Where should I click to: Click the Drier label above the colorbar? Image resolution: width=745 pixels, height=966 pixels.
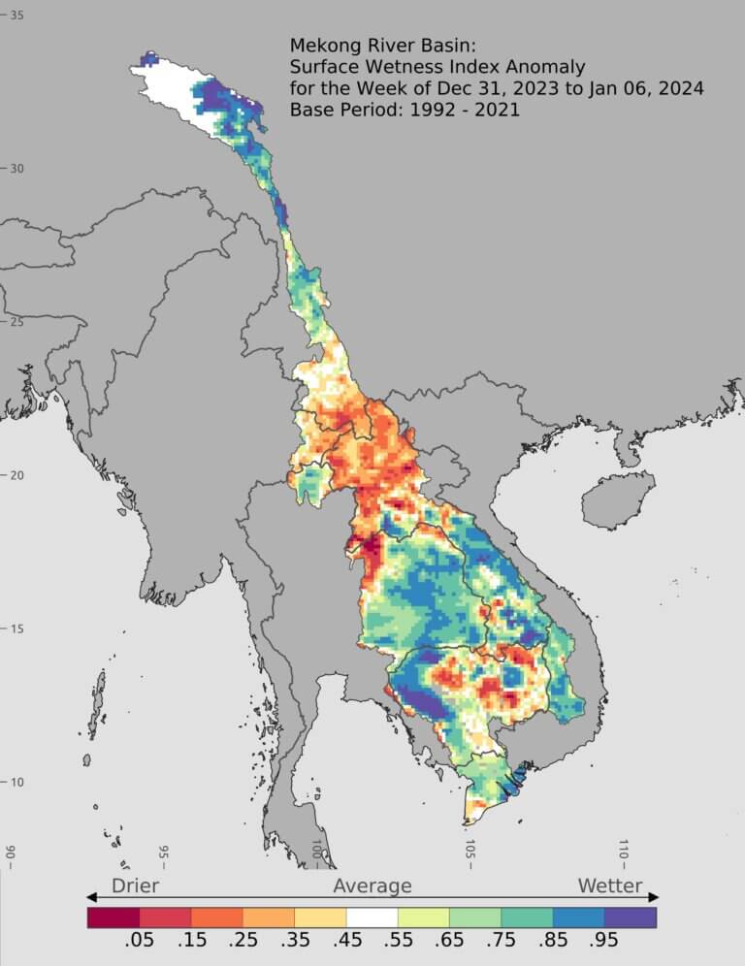pyautogui.click(x=135, y=885)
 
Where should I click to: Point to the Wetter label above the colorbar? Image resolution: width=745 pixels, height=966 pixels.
pyautogui.click(x=610, y=885)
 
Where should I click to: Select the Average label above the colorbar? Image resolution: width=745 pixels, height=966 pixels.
pyautogui.click(x=372, y=885)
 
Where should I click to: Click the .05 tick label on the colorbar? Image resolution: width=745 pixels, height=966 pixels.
pyautogui.click(x=140, y=940)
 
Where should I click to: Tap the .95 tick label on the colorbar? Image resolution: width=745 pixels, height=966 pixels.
pyautogui.click(x=604, y=940)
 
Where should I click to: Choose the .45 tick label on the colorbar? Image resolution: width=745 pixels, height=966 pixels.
pyautogui.click(x=346, y=940)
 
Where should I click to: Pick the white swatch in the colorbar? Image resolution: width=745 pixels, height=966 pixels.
pyautogui.click(x=372, y=917)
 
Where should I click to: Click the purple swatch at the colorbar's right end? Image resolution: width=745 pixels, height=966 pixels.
pyautogui.click(x=631, y=917)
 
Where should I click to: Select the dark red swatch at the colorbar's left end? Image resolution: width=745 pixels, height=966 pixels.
pyautogui.click(x=113, y=917)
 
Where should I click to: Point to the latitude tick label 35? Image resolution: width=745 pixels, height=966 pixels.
pyautogui.click(x=16, y=16)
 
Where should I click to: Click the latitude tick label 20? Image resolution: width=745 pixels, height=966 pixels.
pyautogui.click(x=16, y=475)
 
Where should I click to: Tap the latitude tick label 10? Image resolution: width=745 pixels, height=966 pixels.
pyautogui.click(x=16, y=783)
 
